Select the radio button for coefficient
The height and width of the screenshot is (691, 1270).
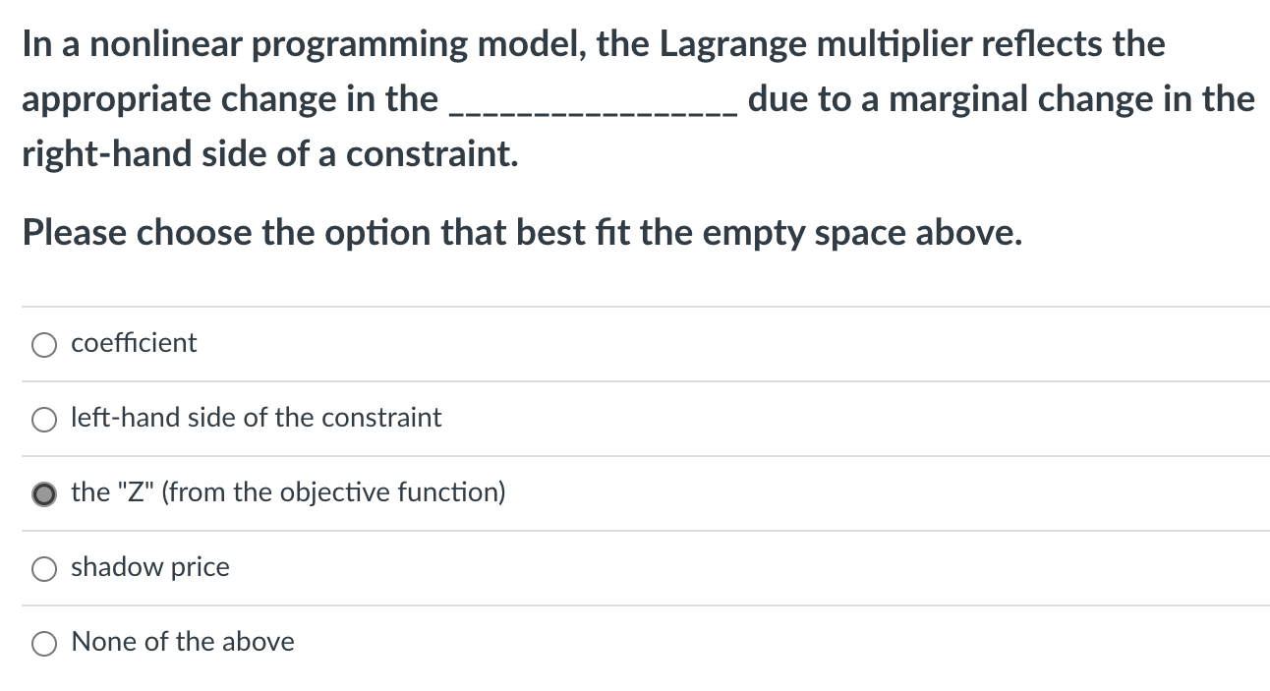coord(44,344)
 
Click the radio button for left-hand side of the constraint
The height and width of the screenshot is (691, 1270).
coord(44,419)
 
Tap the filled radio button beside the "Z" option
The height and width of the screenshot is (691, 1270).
coord(44,493)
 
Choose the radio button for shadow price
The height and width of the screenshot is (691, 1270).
coord(44,568)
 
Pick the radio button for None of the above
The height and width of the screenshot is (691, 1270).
coord(44,643)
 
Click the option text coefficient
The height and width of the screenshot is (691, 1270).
coord(134,343)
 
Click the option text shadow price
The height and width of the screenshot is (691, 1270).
coord(150,567)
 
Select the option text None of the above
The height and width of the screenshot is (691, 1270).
coord(183,642)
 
